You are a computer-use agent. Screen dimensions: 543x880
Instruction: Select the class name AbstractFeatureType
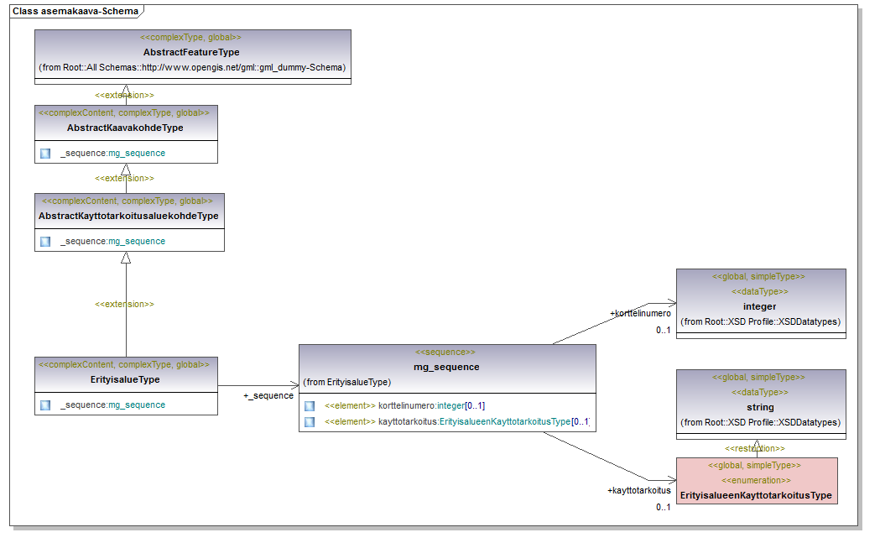(x=191, y=52)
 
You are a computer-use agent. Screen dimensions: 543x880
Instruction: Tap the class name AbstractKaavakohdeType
(x=125, y=128)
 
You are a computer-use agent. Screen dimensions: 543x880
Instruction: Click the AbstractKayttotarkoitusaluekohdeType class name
(x=128, y=216)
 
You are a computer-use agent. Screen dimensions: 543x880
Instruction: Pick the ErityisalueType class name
(x=126, y=379)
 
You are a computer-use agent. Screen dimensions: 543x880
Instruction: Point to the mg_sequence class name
(x=446, y=367)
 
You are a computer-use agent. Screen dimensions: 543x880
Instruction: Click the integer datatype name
(x=759, y=306)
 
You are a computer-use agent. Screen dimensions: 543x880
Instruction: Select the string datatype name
(x=759, y=407)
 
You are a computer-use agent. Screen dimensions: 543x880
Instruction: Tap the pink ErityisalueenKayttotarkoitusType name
(x=756, y=495)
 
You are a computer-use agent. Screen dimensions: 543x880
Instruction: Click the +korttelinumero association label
(x=640, y=313)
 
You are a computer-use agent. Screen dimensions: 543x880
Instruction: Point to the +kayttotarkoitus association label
(x=639, y=489)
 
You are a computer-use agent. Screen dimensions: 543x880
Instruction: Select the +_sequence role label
(x=268, y=395)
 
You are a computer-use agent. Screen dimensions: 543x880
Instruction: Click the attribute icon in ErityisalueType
(x=45, y=405)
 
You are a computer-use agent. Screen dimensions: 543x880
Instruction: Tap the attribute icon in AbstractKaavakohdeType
(x=45, y=153)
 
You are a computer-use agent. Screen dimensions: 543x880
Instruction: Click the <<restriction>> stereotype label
(x=755, y=448)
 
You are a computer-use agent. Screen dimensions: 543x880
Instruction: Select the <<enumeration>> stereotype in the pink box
(x=756, y=480)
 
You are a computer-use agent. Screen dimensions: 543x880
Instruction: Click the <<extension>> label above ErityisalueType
(x=125, y=304)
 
